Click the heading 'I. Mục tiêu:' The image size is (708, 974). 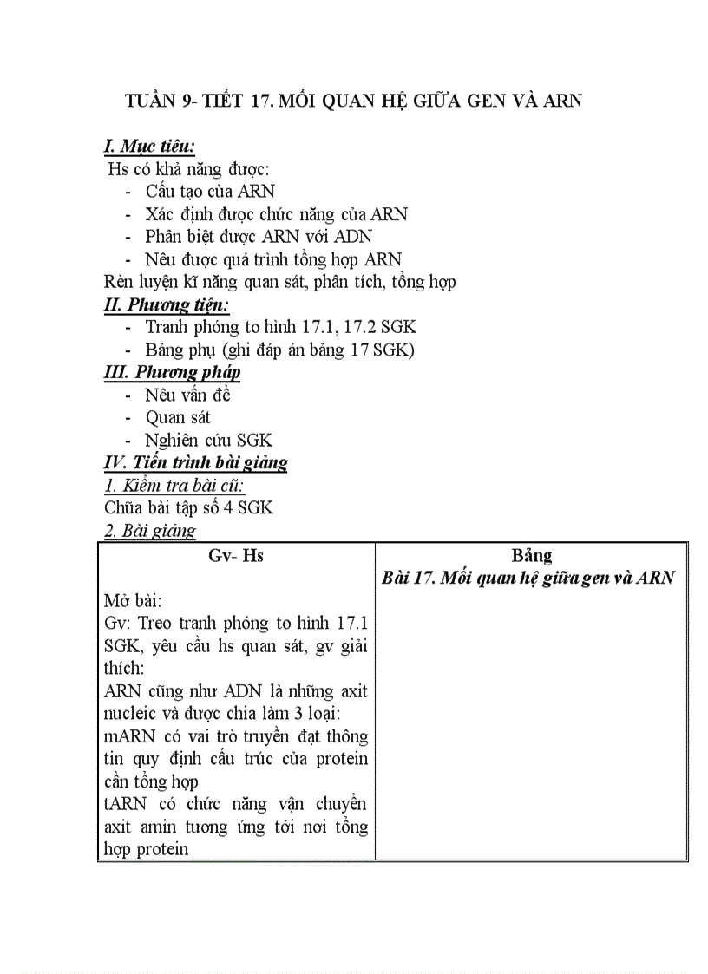[x=148, y=146]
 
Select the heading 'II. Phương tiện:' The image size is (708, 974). [x=166, y=304]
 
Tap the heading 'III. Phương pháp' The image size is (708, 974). [x=172, y=372]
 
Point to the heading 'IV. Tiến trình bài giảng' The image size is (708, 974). [x=195, y=462]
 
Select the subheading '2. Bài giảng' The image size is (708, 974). [x=149, y=530]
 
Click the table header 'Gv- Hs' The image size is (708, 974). [x=236, y=556]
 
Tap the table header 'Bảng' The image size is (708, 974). [x=531, y=556]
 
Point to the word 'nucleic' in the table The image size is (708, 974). [x=132, y=714]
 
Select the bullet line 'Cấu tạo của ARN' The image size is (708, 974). [x=210, y=191]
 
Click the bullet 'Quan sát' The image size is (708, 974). [x=178, y=417]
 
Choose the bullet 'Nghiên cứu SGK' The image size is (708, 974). [x=208, y=440]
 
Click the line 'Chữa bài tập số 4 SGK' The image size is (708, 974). [x=188, y=507]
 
